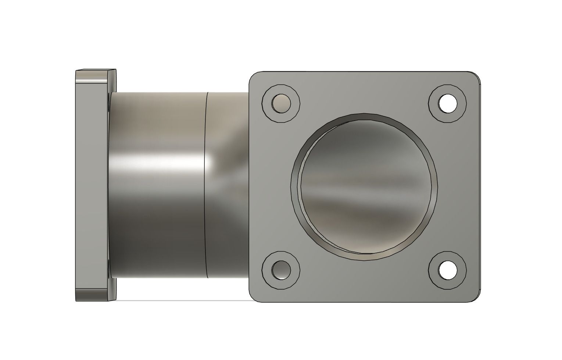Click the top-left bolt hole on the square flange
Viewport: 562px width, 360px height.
tap(281, 103)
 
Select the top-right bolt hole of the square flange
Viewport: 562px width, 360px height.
tap(448, 104)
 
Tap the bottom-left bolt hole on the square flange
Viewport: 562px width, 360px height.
tap(281, 270)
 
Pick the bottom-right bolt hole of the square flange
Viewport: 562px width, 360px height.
tap(448, 270)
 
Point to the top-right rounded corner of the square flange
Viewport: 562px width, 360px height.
tap(477, 75)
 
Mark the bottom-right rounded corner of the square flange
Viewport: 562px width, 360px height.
tap(477, 298)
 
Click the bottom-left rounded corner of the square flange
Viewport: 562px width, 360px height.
tap(253, 298)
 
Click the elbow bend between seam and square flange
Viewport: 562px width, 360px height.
tap(228, 184)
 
